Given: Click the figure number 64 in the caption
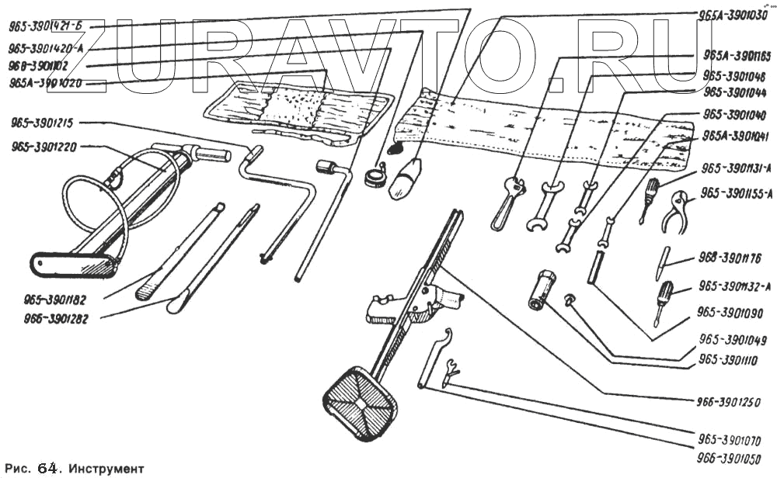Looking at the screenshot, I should pos(47,469).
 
